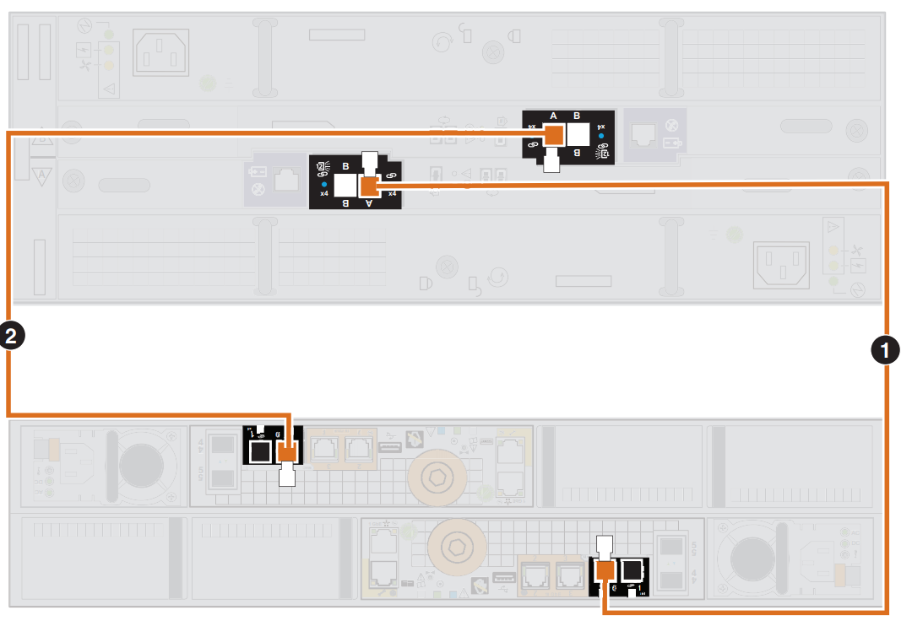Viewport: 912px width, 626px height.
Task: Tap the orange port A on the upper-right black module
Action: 553,135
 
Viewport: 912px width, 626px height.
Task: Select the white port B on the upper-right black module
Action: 578,135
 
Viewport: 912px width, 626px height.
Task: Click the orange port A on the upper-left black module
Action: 369,186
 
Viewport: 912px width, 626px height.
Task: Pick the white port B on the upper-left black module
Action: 345,186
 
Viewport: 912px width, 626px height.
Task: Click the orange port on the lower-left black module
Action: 288,453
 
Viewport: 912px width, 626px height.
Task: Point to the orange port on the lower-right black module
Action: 604,570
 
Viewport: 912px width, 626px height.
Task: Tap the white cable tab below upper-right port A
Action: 552,159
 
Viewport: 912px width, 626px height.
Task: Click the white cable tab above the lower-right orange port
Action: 604,546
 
